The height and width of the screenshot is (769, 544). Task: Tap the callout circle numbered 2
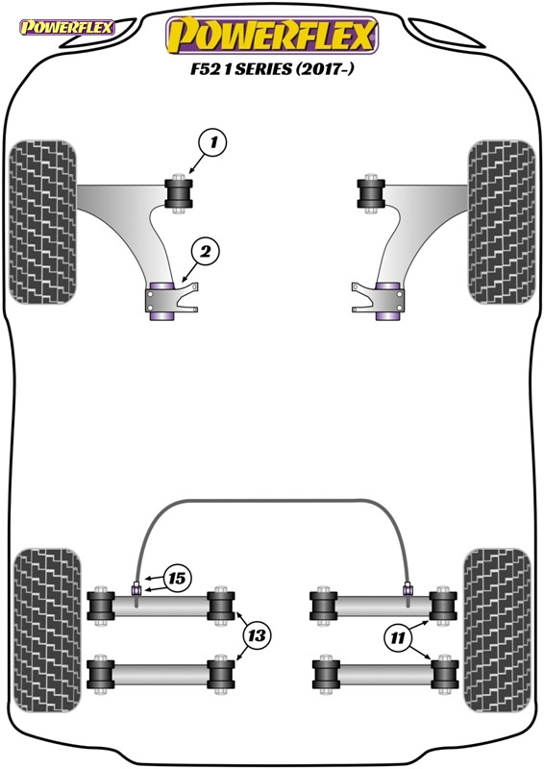tap(205, 252)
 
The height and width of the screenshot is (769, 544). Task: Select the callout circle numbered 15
tap(176, 579)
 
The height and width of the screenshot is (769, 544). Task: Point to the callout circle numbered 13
tap(257, 635)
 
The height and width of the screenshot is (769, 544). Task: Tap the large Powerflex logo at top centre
tap(272, 36)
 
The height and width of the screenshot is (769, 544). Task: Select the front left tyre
tap(41, 221)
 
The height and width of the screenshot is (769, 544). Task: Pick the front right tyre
tap(500, 221)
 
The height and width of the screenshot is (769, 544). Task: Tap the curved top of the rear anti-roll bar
tap(272, 503)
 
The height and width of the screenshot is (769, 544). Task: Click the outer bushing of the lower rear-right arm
tap(443, 672)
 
